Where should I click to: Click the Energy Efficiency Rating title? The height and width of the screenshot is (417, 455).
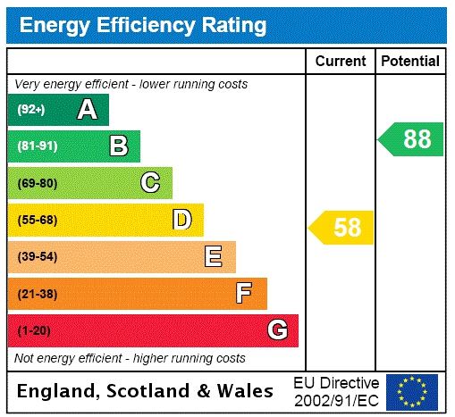(x=143, y=24)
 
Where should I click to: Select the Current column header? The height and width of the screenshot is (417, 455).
(x=341, y=62)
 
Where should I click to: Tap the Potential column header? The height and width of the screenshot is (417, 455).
(x=410, y=62)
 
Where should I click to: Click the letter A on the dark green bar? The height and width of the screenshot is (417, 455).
(x=87, y=110)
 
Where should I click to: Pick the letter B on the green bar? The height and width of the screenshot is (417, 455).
(x=118, y=146)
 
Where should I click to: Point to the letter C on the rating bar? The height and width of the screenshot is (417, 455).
(x=150, y=183)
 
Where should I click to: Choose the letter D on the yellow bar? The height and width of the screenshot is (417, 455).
(x=182, y=220)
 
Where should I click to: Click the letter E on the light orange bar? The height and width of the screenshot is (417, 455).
(x=214, y=257)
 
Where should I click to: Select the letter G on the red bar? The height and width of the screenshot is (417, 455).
(x=277, y=330)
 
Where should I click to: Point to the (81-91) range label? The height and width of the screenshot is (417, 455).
(x=38, y=146)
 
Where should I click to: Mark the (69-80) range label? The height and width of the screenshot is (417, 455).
(x=38, y=183)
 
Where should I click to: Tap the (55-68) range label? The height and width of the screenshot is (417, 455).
(x=38, y=220)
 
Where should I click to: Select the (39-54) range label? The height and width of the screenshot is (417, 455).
(x=38, y=257)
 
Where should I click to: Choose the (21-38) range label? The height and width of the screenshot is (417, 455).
(x=38, y=294)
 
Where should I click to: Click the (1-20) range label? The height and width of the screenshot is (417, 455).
(x=35, y=330)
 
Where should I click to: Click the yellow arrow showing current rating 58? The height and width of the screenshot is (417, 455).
(x=341, y=227)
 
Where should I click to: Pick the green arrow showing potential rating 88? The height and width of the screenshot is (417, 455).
(x=411, y=139)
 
